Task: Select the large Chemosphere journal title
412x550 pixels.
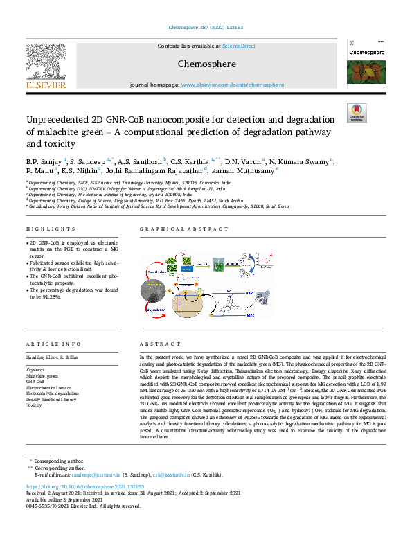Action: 206,64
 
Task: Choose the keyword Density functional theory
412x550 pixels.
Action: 52,399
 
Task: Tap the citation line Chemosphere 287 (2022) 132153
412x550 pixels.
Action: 206,28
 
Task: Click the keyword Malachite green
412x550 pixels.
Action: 42,375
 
